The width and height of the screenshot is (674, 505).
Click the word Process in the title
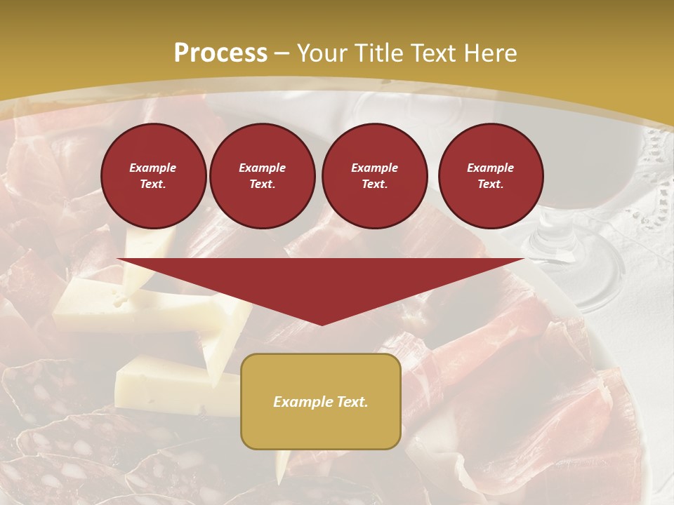(220, 53)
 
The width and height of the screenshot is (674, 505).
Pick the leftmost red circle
(154, 176)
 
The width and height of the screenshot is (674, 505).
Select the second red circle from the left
(263, 176)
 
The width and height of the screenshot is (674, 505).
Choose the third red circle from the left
(375, 176)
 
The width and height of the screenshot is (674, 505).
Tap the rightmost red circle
(491, 176)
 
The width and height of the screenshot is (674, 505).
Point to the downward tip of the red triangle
(322, 323)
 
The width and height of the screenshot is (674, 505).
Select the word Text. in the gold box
(350, 402)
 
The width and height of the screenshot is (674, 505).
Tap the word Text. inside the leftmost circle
(153, 184)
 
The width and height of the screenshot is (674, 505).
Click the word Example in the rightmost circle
(491, 168)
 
